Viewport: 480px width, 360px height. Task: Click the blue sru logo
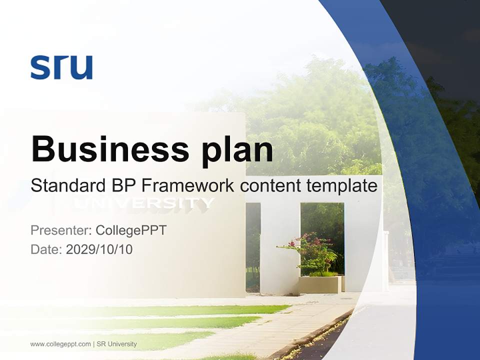click(61, 67)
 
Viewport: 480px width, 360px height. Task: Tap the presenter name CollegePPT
click(131, 230)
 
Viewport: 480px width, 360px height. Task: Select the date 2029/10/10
click(99, 249)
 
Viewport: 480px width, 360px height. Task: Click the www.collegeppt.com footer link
click(60, 344)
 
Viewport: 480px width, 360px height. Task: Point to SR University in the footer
click(116, 344)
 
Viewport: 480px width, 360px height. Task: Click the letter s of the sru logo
click(39, 68)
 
